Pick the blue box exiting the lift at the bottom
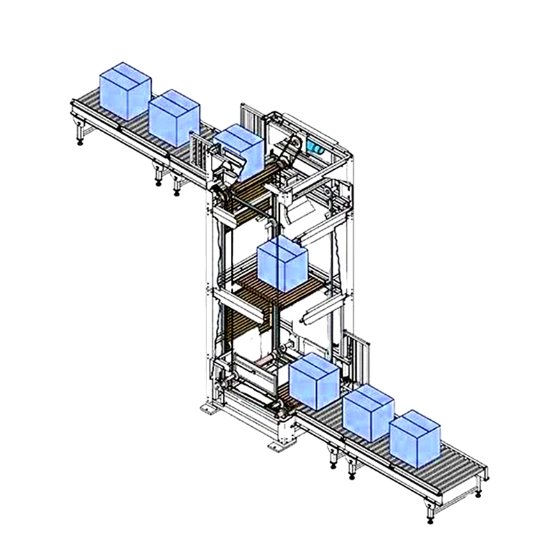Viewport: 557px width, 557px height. [x=313, y=382]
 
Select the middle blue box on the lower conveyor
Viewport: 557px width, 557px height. [x=368, y=414]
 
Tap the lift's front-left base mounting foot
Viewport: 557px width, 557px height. [x=207, y=409]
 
